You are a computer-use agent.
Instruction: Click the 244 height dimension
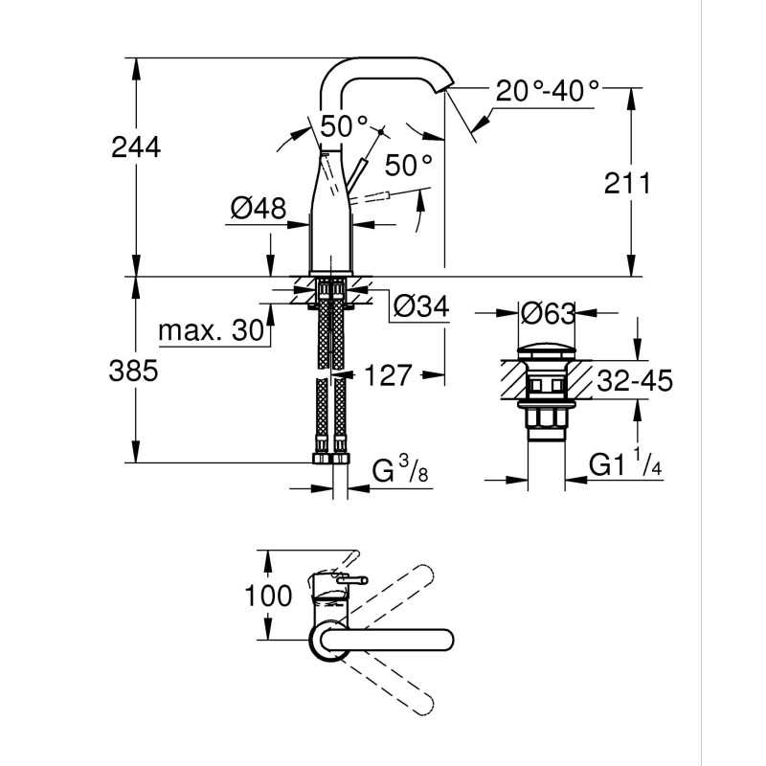click(136, 147)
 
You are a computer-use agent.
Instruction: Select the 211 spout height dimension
click(627, 183)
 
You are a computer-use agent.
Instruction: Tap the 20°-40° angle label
click(548, 92)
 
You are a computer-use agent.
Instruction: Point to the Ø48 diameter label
click(258, 208)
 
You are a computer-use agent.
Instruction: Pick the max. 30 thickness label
click(210, 331)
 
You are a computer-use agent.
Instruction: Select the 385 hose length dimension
click(135, 370)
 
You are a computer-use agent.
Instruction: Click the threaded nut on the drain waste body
click(546, 419)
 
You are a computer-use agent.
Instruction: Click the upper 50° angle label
click(344, 125)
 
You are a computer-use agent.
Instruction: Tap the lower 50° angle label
click(409, 165)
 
